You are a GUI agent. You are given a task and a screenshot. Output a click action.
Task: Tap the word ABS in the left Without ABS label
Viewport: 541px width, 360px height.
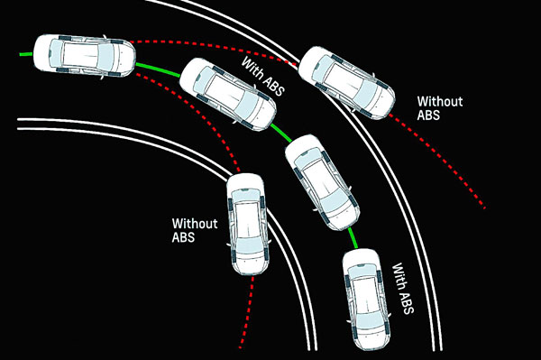[183, 237]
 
